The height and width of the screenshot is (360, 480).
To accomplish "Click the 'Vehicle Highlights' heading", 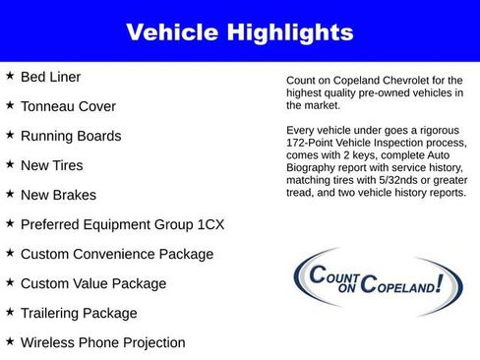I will (x=239, y=32).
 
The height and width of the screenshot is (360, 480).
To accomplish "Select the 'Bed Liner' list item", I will (x=51, y=77).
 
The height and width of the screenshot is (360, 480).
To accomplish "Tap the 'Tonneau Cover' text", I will (x=68, y=106).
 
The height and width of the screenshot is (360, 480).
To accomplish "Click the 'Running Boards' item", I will (x=71, y=136).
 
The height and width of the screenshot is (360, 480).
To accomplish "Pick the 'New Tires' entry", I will (x=52, y=165).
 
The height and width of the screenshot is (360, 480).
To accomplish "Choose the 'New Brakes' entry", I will (x=58, y=195).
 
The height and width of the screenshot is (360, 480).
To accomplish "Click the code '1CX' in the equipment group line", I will (x=208, y=224).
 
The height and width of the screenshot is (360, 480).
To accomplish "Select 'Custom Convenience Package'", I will (x=117, y=254).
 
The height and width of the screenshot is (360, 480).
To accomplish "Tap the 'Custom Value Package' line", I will (x=93, y=283).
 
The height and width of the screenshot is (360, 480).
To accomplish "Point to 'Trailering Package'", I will (x=79, y=313).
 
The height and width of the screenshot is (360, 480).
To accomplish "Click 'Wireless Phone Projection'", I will (x=103, y=342).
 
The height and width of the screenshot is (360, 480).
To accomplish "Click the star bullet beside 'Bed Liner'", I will (x=10, y=76).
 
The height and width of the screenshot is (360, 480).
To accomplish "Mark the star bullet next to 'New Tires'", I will (x=10, y=164).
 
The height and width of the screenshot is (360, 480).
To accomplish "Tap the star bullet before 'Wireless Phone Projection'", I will (x=10, y=341).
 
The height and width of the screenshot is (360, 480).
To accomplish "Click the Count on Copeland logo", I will (x=366, y=281).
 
